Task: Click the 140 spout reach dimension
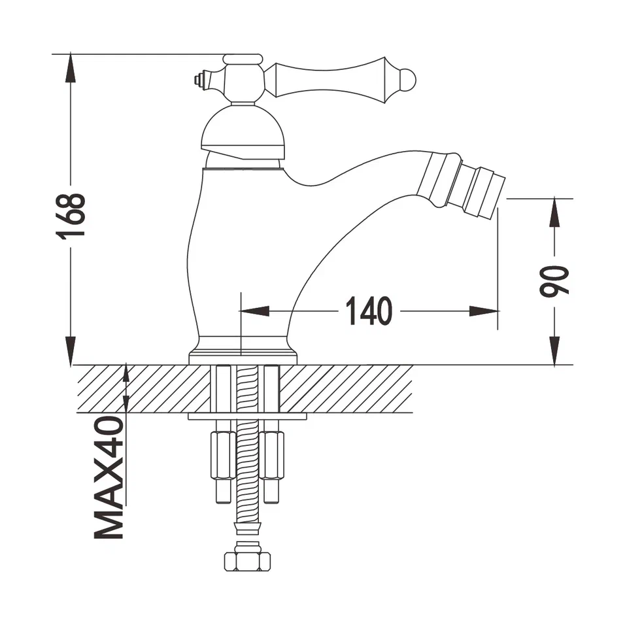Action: pyautogui.click(x=368, y=311)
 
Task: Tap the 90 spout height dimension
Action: pyautogui.click(x=554, y=282)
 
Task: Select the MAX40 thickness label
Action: pyautogui.click(x=109, y=477)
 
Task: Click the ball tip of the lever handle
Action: pyautogui.click(x=407, y=79)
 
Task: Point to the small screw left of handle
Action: pyautogui.click(x=198, y=80)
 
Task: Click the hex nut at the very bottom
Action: pyautogui.click(x=247, y=561)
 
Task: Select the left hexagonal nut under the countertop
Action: pyautogui.click(x=222, y=456)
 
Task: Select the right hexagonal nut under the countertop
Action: pyautogui.click(x=271, y=456)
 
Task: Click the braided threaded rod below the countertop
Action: pyautogui.click(x=247, y=458)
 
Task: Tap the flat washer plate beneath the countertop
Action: pyautogui.click(x=247, y=416)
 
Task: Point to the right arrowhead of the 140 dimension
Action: pyautogui.click(x=487, y=312)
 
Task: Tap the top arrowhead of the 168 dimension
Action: pyautogui.click(x=70, y=65)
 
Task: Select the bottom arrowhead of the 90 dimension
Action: pyautogui.click(x=554, y=353)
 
